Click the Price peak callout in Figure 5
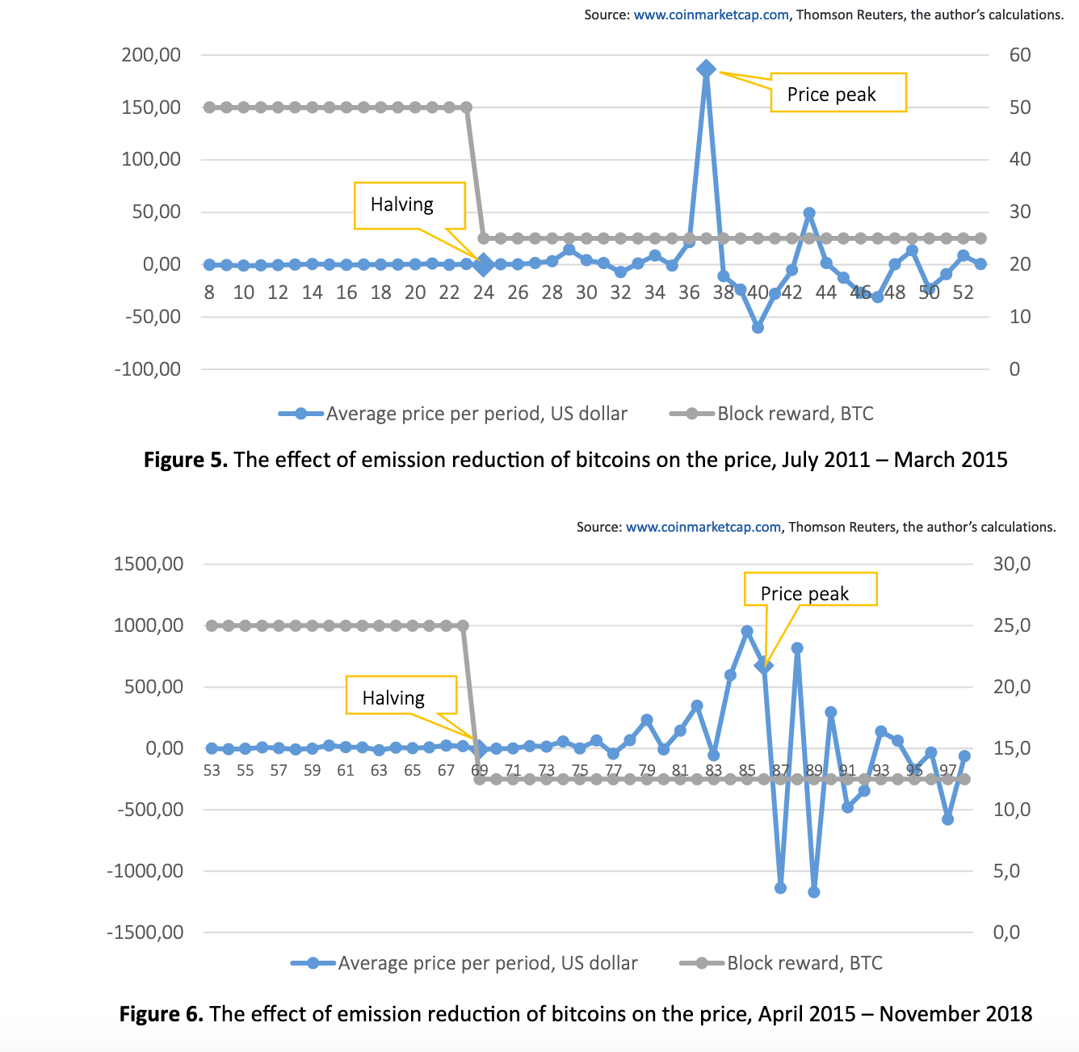pos(838,93)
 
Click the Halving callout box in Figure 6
pos(401,695)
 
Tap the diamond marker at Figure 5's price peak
pos(706,69)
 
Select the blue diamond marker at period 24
pos(484,265)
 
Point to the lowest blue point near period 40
pos(758,327)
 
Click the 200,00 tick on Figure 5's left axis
pos(151,55)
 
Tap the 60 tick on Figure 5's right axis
pos(1020,55)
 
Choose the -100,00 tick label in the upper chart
pos(148,369)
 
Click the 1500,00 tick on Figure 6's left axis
pos(149,564)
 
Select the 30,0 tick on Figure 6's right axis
pos(1012,564)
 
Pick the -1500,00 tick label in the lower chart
pos(145,932)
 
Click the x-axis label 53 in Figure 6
pos(212,770)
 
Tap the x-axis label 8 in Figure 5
pos(209,292)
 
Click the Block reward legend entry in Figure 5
pos(772,414)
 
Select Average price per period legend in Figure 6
pos(464,962)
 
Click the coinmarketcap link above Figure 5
pos(711,15)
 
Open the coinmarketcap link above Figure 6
pos(703,527)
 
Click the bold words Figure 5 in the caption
pos(186,460)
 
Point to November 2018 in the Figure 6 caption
pos(955,1014)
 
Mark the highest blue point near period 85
pos(747,631)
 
